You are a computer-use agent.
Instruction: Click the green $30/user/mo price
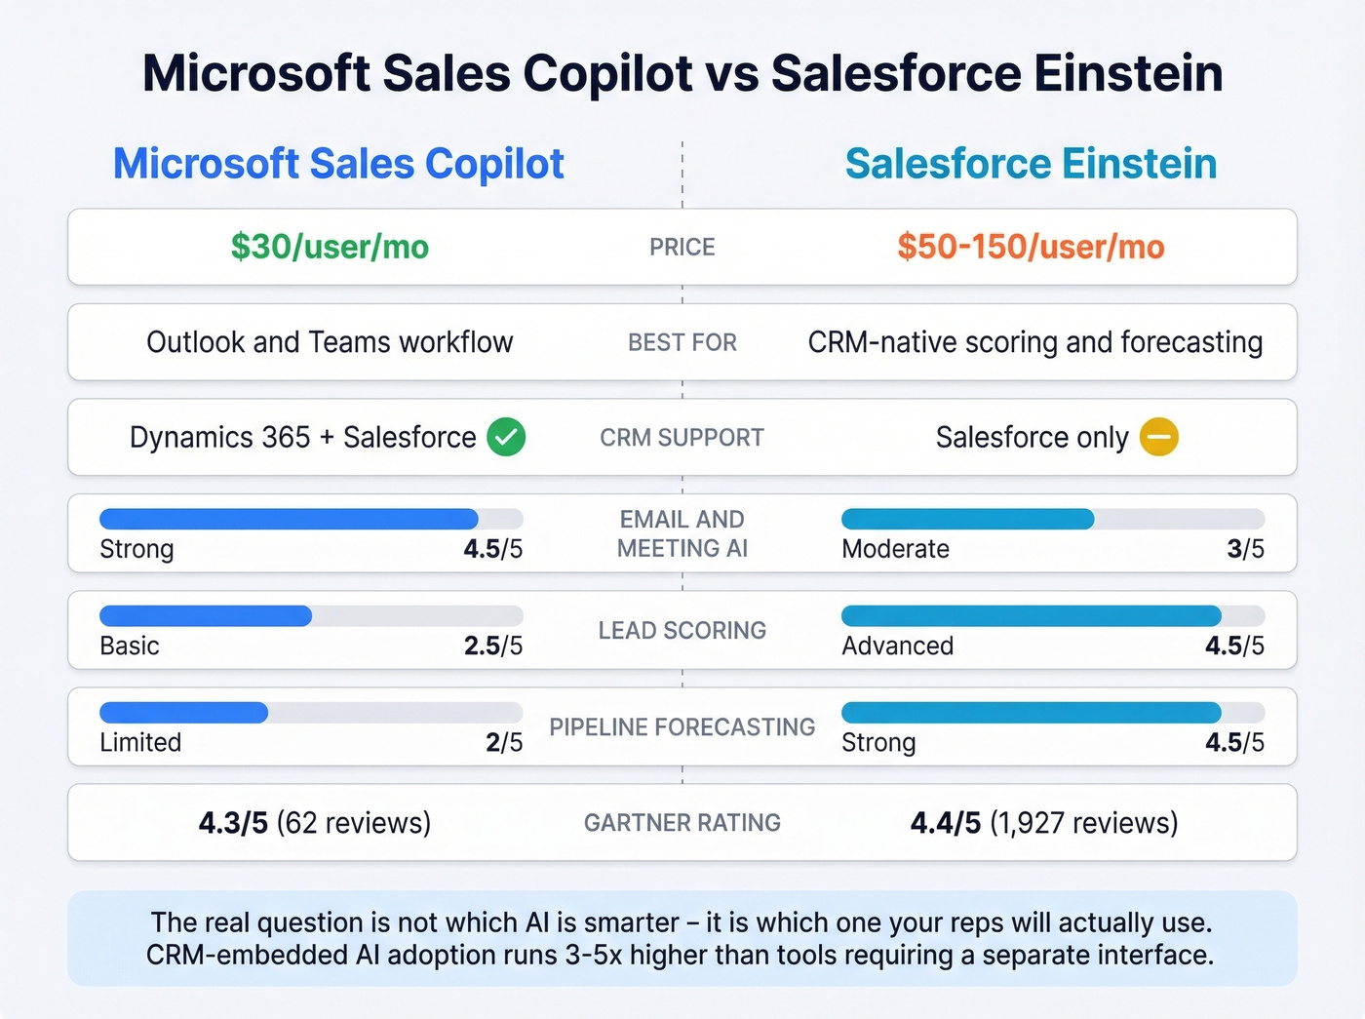pyautogui.click(x=330, y=247)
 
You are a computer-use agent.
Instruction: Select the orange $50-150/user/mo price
pyautogui.click(x=1031, y=247)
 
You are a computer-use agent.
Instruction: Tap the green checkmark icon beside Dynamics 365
pyautogui.click(x=506, y=437)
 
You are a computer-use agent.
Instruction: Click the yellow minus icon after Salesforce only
pyautogui.click(x=1159, y=437)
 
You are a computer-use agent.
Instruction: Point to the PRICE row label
pyautogui.click(x=682, y=248)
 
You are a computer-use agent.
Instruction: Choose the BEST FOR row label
pyautogui.click(x=682, y=343)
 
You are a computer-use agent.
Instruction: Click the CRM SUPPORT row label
pyautogui.click(x=682, y=438)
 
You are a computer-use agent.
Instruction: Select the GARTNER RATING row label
pyautogui.click(x=682, y=823)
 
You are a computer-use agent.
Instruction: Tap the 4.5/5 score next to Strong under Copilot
pyautogui.click(x=492, y=549)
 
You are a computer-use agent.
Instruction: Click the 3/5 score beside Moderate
pyautogui.click(x=1245, y=549)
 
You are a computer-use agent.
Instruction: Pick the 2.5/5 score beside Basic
pyautogui.click(x=492, y=646)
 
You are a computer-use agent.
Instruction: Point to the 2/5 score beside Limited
pyautogui.click(x=504, y=742)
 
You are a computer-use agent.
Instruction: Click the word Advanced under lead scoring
pyautogui.click(x=897, y=646)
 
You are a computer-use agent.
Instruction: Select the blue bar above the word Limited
pyautogui.click(x=183, y=713)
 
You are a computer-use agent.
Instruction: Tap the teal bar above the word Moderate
pyautogui.click(x=967, y=519)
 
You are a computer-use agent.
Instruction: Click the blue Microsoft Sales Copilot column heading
pyautogui.click(x=338, y=164)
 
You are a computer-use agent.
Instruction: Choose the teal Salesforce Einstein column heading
pyautogui.click(x=1031, y=164)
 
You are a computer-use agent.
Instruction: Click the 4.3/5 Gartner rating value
pyautogui.click(x=233, y=823)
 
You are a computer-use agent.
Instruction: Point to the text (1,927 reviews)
pyautogui.click(x=1083, y=823)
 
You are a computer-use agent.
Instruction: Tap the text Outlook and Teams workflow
pyautogui.click(x=330, y=342)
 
